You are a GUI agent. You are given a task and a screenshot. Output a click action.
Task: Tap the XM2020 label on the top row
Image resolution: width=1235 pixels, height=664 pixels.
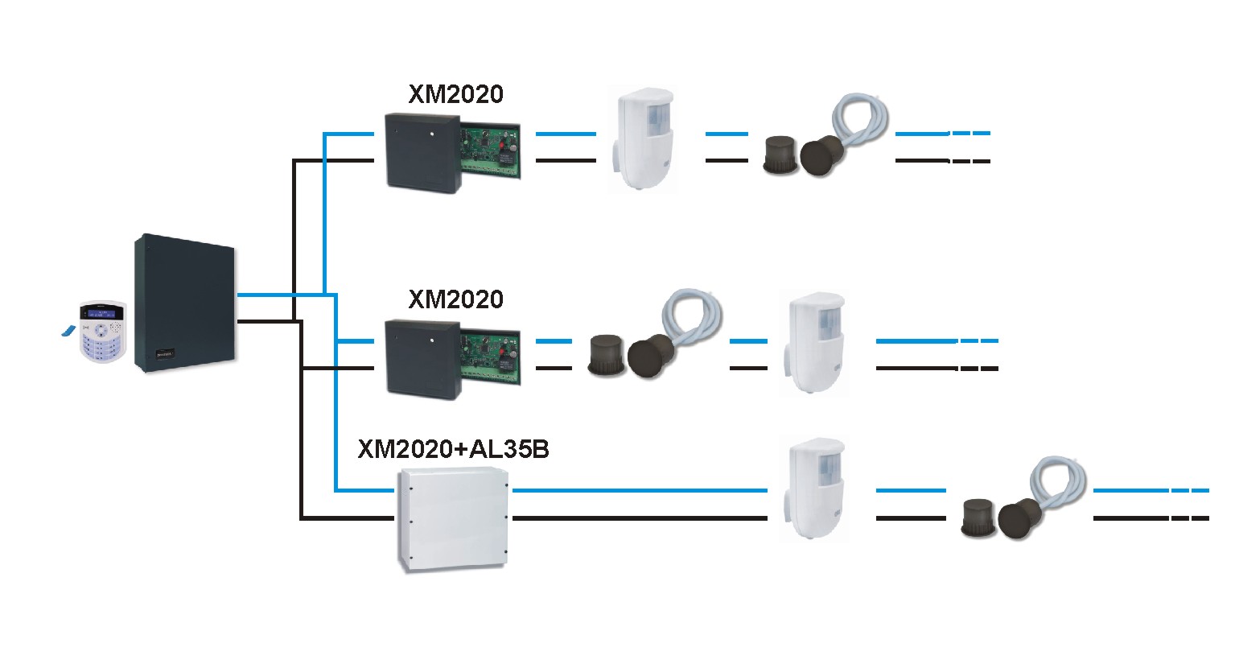[455, 94]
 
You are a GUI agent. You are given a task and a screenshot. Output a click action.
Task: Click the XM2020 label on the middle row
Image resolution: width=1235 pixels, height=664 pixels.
[455, 299]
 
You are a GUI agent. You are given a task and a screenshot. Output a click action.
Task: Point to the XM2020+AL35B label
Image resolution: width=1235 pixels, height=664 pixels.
[453, 448]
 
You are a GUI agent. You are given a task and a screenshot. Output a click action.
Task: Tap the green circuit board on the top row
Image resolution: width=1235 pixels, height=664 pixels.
[490, 150]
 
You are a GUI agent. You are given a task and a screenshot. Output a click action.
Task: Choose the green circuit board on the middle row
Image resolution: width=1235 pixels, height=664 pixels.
[490, 355]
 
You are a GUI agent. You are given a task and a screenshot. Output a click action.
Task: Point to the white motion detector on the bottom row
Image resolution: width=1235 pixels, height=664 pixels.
[813, 489]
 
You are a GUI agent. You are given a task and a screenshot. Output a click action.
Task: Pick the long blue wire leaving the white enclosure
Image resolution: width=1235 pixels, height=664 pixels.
[640, 490]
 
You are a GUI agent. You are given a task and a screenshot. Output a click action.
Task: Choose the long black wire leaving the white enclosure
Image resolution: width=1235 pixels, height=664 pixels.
[640, 518]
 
